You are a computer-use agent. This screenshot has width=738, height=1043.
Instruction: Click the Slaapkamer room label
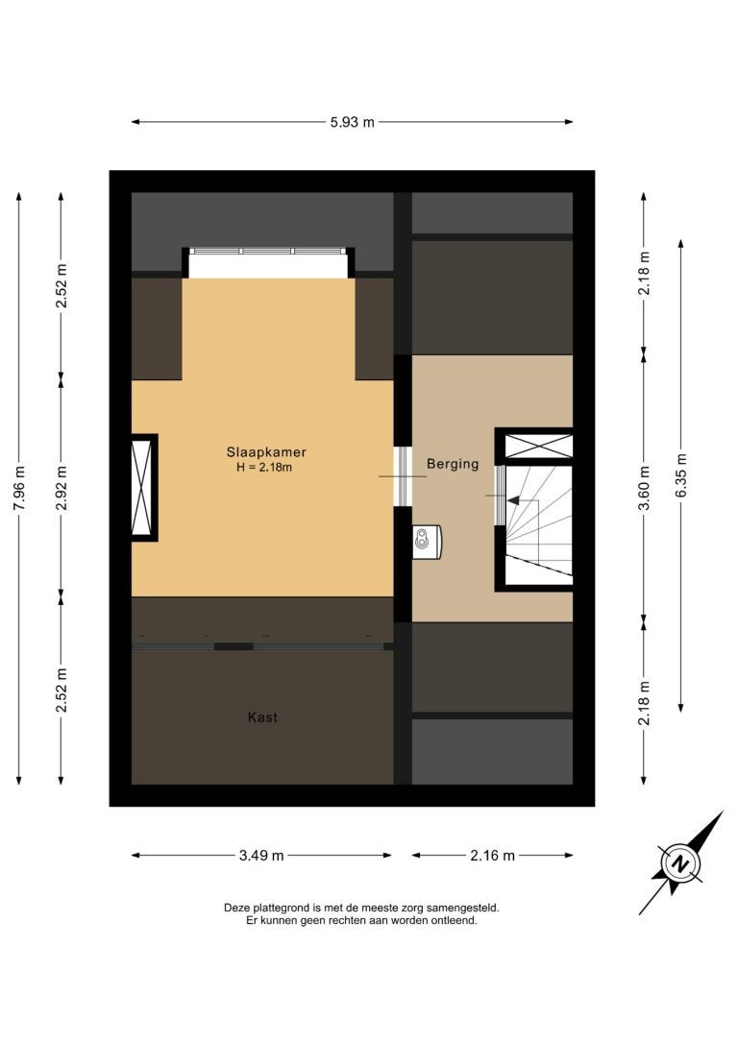point(266,452)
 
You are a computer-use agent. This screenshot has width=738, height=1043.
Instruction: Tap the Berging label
point(453,464)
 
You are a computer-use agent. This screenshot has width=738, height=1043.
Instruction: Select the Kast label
point(262,717)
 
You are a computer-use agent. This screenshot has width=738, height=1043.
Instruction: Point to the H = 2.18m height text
point(264,468)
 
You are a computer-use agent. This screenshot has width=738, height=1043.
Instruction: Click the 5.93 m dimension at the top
point(352,122)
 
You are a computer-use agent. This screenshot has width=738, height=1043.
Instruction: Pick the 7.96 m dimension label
point(19,487)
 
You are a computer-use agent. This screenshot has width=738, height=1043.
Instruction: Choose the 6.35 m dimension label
point(680,475)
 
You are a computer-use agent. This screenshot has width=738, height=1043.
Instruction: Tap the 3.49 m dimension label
point(261,856)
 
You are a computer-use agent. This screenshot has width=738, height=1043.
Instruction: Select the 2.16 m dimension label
point(492,856)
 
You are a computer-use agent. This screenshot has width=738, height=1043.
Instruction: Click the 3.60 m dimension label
point(644,488)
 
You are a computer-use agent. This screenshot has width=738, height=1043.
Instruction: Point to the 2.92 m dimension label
point(61,488)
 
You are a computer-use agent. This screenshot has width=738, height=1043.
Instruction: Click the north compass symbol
point(680,864)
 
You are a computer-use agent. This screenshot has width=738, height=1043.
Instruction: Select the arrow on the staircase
point(523,501)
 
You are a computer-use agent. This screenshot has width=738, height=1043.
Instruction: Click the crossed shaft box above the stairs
point(538,446)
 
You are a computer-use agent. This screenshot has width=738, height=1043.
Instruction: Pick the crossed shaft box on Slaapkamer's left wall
point(142,487)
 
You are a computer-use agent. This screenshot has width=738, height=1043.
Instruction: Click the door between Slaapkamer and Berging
point(403,476)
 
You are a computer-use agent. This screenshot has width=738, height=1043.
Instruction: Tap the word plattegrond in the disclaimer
point(282,908)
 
